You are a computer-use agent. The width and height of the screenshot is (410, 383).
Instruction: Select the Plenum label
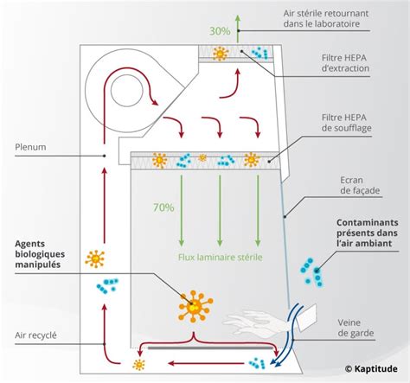coord(34,146)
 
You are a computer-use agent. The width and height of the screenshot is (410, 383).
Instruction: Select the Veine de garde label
coord(356,328)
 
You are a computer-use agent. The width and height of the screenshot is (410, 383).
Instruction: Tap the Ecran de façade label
coord(354,188)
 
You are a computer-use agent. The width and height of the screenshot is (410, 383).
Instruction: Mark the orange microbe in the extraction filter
coord(220,54)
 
